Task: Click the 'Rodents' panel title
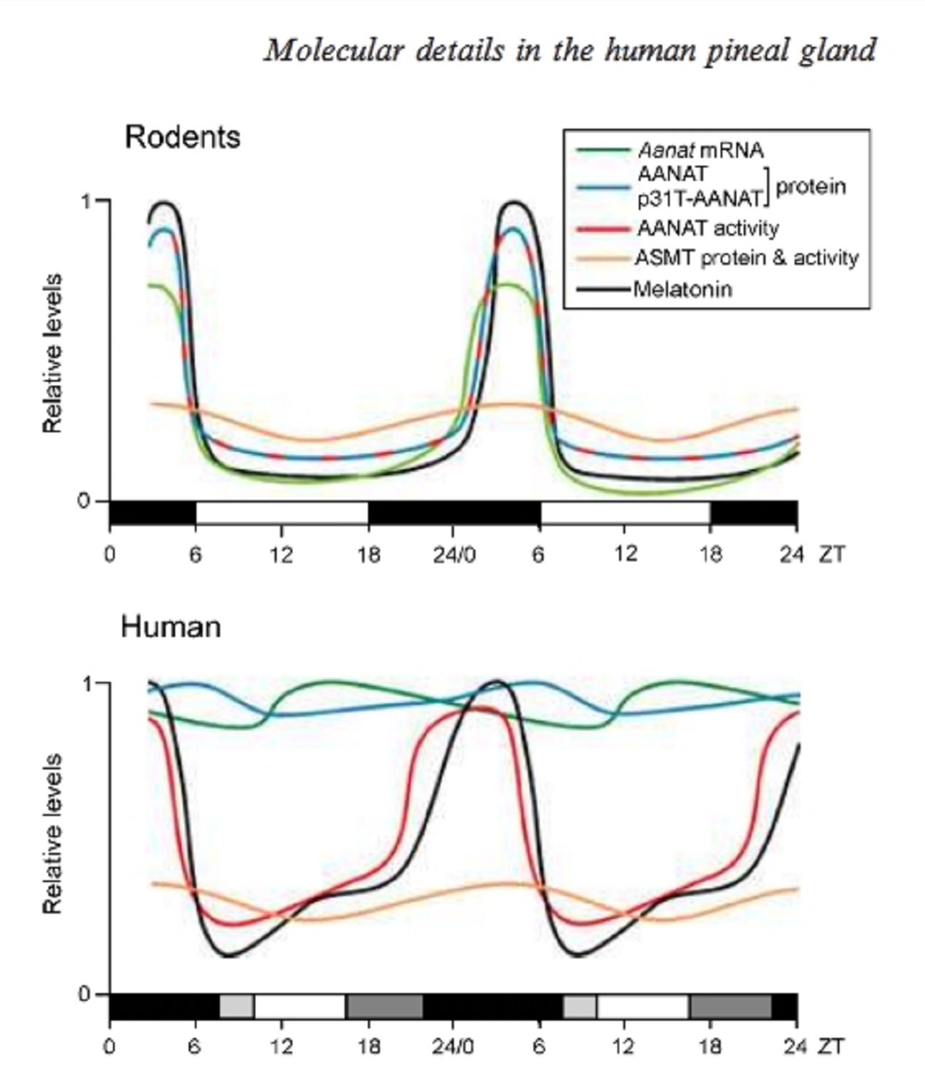pyautogui.click(x=182, y=137)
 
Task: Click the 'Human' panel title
pyautogui.click(x=171, y=627)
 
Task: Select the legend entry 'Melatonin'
pyautogui.click(x=682, y=290)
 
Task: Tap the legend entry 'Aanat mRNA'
pyautogui.click(x=700, y=150)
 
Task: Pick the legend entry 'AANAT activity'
pyautogui.click(x=708, y=228)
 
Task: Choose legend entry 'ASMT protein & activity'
pyautogui.click(x=746, y=258)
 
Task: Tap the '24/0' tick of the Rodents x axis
pyautogui.click(x=454, y=555)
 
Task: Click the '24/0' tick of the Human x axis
pyautogui.click(x=454, y=1046)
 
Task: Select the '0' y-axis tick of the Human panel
pyautogui.click(x=85, y=994)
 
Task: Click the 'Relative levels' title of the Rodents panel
pyautogui.click(x=53, y=353)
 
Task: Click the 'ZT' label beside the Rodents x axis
pyautogui.click(x=831, y=555)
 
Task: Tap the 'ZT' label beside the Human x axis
pyautogui.click(x=831, y=1046)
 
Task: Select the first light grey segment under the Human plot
pyautogui.click(x=236, y=1006)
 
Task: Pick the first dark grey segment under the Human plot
pyautogui.click(x=384, y=1006)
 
